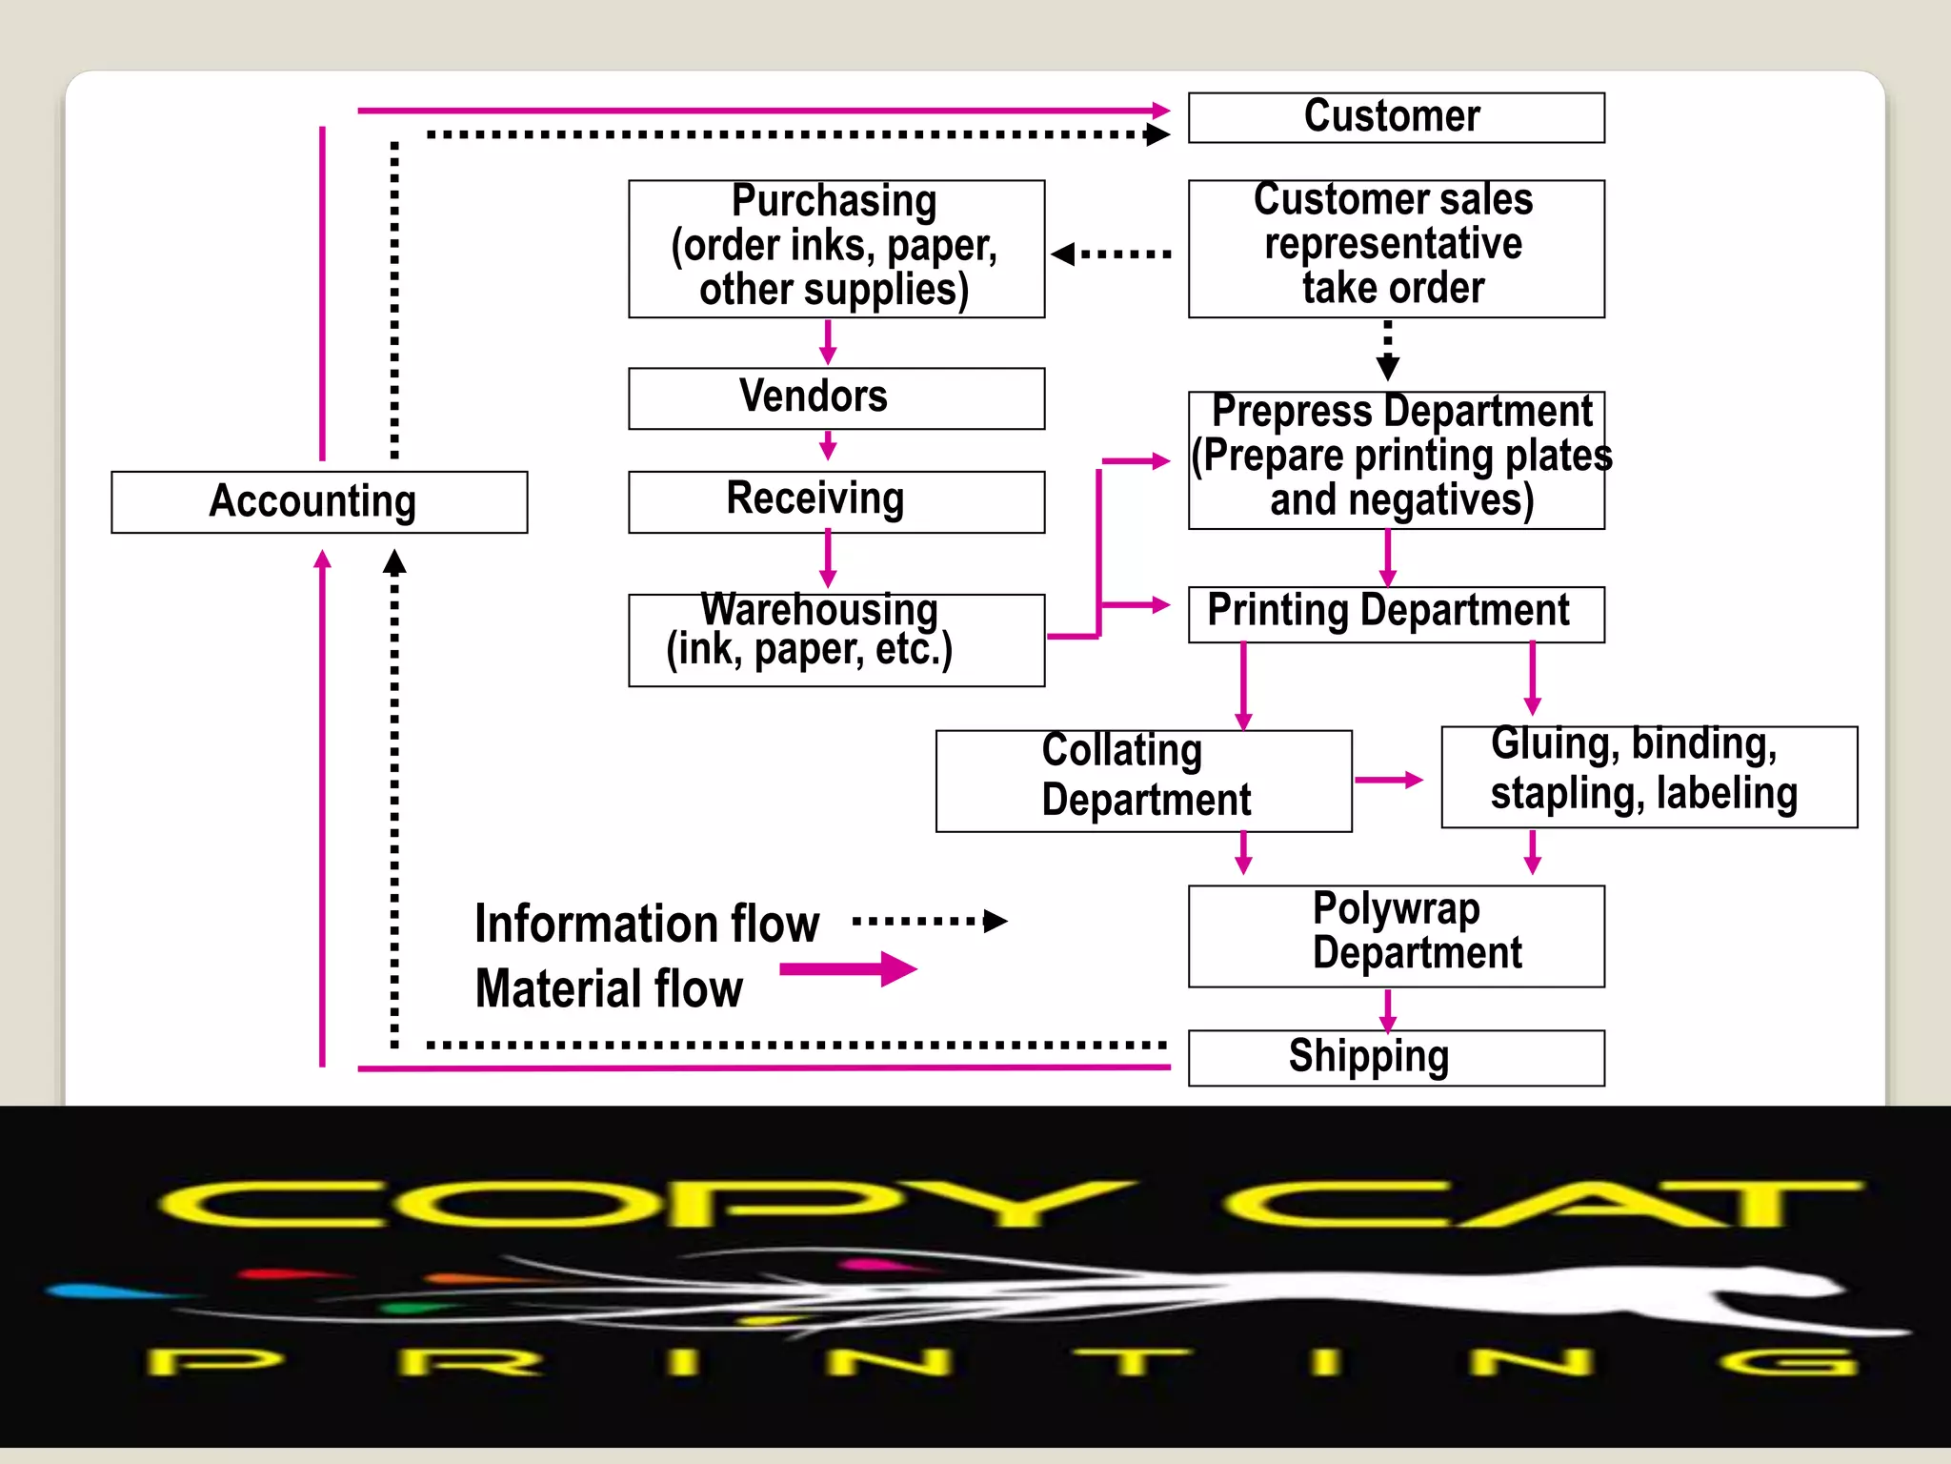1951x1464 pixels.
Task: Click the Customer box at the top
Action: pyautogui.click(x=1396, y=117)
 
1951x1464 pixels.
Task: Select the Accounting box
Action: pyautogui.click(x=318, y=501)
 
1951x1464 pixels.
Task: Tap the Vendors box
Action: pyautogui.click(x=835, y=397)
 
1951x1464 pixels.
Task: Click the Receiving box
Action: pyautogui.click(x=835, y=500)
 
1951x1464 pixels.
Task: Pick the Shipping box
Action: pyautogui.click(x=1396, y=1057)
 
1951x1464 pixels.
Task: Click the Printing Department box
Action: pyautogui.click(x=1396, y=613)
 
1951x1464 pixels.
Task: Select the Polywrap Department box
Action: pyautogui.click(x=1396, y=935)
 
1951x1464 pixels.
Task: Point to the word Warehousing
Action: pyautogui.click(x=819, y=610)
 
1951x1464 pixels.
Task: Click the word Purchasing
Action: pyautogui.click(x=834, y=201)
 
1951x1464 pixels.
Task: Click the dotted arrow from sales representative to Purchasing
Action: pyautogui.click(x=1112, y=254)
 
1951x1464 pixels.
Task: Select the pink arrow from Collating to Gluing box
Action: pyautogui.click(x=1388, y=780)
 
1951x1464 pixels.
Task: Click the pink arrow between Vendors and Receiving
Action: pyautogui.click(x=828, y=446)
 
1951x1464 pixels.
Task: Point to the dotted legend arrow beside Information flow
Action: pyautogui.click(x=929, y=921)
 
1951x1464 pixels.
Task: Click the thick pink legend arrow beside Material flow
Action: pyautogui.click(x=847, y=969)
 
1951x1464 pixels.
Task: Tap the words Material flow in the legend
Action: pyautogui.click(x=609, y=988)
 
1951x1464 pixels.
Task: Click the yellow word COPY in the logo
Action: pyautogui.click(x=648, y=1205)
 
